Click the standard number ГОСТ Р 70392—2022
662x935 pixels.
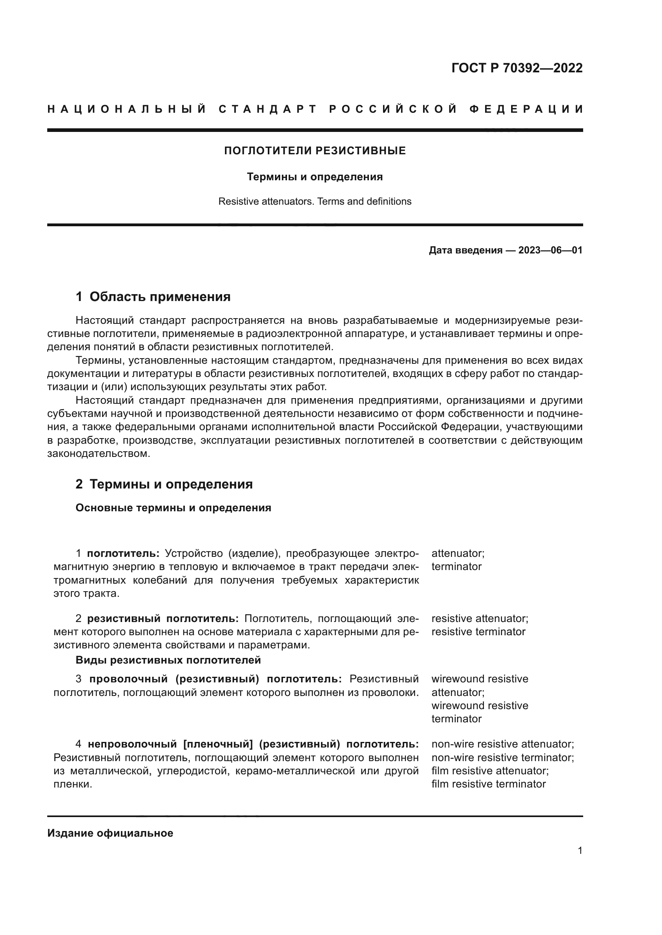517,68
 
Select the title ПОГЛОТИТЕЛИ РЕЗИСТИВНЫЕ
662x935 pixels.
315,151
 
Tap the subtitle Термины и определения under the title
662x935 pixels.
315,177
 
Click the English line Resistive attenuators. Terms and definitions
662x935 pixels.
315,201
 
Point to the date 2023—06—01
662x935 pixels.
550,250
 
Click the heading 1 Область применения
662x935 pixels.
153,297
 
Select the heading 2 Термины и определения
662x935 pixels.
164,484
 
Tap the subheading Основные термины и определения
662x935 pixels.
173,508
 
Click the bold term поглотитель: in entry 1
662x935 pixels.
123,553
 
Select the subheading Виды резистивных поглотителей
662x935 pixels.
168,660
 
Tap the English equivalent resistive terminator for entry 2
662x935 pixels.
478,632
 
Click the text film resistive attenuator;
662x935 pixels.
490,770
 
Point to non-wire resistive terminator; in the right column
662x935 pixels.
503,758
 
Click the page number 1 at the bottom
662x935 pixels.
580,850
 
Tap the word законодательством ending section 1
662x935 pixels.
98,454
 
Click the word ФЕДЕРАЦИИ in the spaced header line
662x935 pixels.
526,109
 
